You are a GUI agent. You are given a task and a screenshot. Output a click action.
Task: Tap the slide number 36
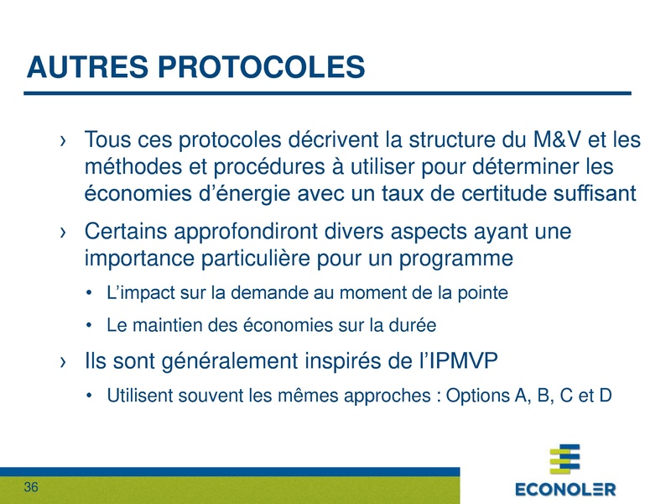[x=32, y=488]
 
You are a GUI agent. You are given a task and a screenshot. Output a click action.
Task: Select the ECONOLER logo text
[x=564, y=489]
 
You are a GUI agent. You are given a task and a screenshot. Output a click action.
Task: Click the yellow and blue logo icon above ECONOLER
[x=564, y=460]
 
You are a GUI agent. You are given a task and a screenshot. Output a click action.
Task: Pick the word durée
[x=417, y=323]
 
